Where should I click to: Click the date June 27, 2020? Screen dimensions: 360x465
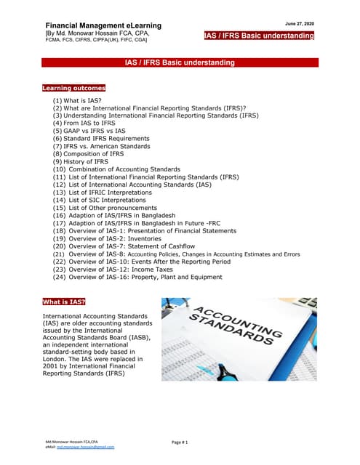pyautogui.click(x=299, y=24)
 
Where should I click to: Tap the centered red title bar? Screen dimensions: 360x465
pyautogui.click(x=180, y=63)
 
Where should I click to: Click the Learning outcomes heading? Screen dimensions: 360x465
pyautogui.click(x=73, y=88)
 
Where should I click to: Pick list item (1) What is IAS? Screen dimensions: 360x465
pyautogui.click(x=76, y=100)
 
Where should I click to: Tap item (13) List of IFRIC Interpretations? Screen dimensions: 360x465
pyautogui.click(x=112, y=193)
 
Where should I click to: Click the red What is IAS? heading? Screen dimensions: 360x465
pyautogui.click(x=65, y=301)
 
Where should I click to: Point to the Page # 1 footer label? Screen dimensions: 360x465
pyautogui.click(x=180, y=442)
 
